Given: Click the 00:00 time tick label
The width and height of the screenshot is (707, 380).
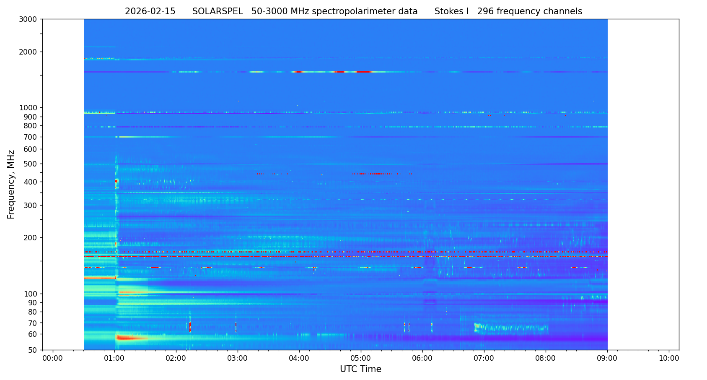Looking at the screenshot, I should coord(53,358).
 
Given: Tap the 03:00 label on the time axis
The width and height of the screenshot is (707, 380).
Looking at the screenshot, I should coord(238,358).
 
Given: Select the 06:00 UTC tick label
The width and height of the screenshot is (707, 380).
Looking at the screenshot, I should coord(422,358).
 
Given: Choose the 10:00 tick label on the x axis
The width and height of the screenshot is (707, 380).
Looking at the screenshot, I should coord(669,358).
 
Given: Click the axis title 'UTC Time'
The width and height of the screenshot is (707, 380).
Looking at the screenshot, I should coord(360,370).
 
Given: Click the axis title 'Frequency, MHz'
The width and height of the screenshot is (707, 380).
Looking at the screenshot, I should coord(11,185).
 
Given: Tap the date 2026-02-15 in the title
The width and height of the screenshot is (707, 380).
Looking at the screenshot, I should coord(150,12).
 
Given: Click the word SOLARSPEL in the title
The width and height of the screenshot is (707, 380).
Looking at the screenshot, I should coord(218,12).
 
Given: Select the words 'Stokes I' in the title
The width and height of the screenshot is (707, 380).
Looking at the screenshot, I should coord(451,12).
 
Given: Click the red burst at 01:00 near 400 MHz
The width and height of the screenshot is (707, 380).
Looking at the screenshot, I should coord(117,181).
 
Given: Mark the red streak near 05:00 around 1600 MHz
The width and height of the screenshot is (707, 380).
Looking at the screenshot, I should coord(363,72).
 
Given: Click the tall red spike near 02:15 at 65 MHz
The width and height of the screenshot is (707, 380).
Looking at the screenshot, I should coord(190,326).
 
